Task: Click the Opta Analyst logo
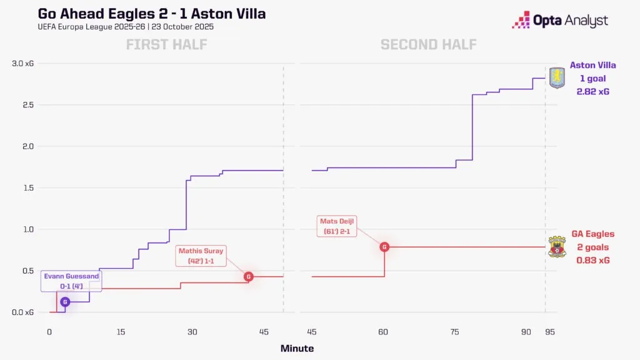[x=559, y=21]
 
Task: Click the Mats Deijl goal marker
[x=384, y=247]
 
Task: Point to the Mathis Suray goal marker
[x=248, y=276]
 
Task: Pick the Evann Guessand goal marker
[x=65, y=302]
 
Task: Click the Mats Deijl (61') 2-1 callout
[x=341, y=226]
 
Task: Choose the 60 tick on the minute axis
[x=384, y=332]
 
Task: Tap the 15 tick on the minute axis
[x=121, y=332]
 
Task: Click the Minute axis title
[x=297, y=348]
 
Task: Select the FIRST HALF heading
[x=166, y=44]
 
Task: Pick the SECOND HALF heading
[x=428, y=44]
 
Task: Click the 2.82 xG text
[x=592, y=91]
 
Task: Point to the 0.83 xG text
[x=592, y=260]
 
